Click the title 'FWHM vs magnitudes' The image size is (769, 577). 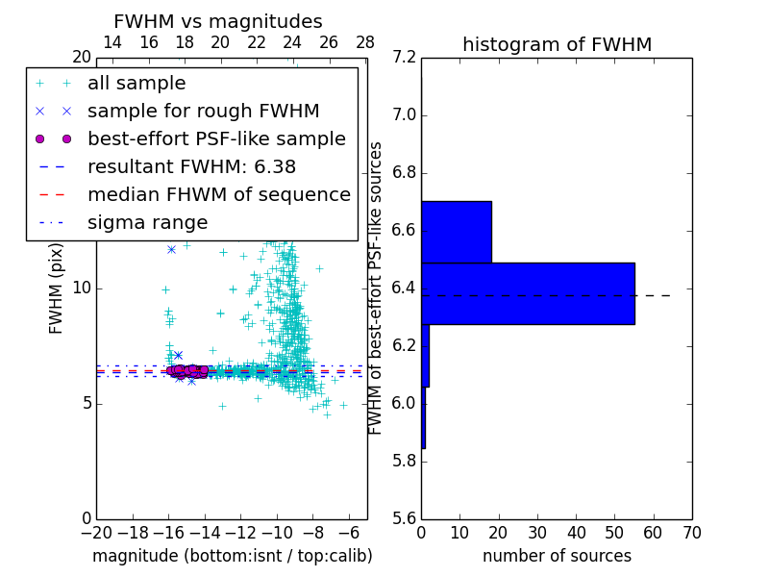(218, 21)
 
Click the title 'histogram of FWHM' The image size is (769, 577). (557, 44)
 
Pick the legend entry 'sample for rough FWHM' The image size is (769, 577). (203, 111)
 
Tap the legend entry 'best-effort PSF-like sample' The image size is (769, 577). (216, 138)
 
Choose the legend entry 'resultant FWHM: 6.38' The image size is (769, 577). (191, 166)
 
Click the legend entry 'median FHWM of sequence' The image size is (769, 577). (218, 194)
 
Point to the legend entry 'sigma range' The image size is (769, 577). (147, 222)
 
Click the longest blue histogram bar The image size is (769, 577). (528, 293)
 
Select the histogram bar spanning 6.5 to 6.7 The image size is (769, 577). (457, 232)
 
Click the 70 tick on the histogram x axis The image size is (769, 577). (692, 531)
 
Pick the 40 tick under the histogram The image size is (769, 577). (576, 531)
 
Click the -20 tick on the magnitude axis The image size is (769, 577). (96, 531)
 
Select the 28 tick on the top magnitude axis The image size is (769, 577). (365, 42)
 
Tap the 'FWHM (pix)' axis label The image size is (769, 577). (57, 288)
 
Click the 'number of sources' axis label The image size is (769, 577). (557, 556)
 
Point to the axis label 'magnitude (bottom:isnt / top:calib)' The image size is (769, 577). (232, 556)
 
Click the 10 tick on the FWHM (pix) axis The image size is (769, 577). (82, 288)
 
